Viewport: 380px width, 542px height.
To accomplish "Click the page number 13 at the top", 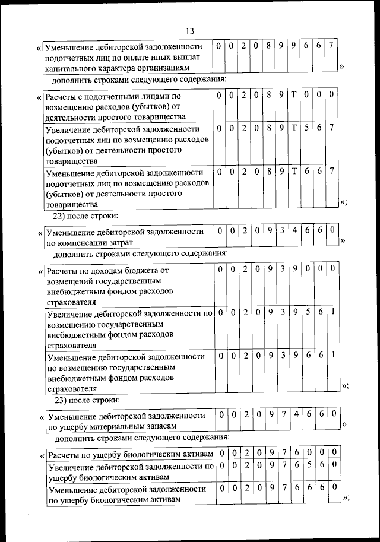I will click(190, 31).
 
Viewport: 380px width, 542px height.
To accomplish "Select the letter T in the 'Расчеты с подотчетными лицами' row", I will click(294, 94).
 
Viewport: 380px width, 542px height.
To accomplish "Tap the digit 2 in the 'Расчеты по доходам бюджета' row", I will click(244, 269).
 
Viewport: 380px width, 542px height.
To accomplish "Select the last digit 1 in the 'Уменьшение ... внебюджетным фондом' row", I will click(334, 355).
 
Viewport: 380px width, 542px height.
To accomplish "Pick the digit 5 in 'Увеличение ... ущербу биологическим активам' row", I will click(309, 466).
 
